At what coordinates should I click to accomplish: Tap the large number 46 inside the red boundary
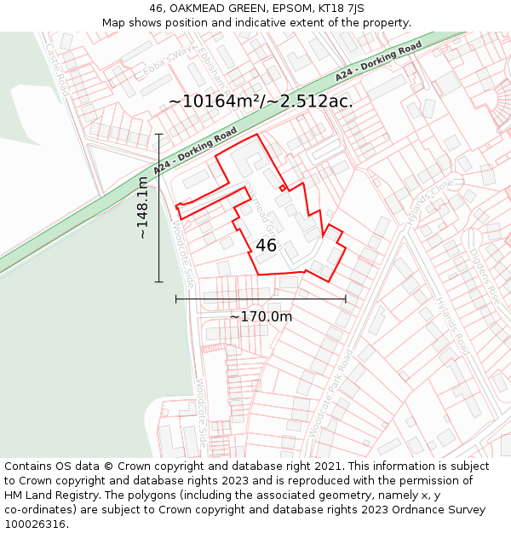[x=266, y=246]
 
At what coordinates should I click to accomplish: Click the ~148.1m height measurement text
[x=143, y=207]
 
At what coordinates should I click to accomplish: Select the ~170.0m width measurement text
[x=261, y=316]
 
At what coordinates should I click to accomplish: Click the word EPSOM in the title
[x=285, y=9]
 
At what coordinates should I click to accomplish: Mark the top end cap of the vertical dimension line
[x=159, y=134]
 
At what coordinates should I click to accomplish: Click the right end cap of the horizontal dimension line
[x=346, y=299]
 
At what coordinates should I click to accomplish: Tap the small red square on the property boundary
[x=283, y=188]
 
